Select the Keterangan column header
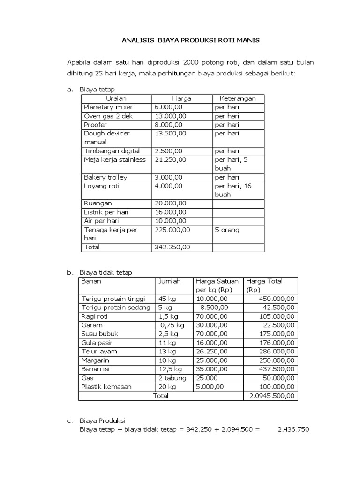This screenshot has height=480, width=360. coord(238,98)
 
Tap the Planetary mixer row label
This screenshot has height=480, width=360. coord(108,107)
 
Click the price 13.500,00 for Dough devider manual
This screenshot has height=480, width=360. coord(171,134)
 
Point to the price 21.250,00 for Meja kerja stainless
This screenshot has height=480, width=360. coord(171,160)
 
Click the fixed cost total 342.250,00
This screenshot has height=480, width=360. coord(172,247)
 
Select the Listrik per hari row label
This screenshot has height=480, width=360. coord(106,212)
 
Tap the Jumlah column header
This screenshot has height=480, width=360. coord(169,281)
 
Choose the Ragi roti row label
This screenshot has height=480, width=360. coord(95,316)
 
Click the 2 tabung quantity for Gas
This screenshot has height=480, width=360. coord(172,378)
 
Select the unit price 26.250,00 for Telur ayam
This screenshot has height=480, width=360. coord(212,352)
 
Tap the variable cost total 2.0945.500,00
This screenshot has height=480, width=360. coord(271,396)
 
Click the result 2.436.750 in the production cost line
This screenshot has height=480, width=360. coord(293,429)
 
